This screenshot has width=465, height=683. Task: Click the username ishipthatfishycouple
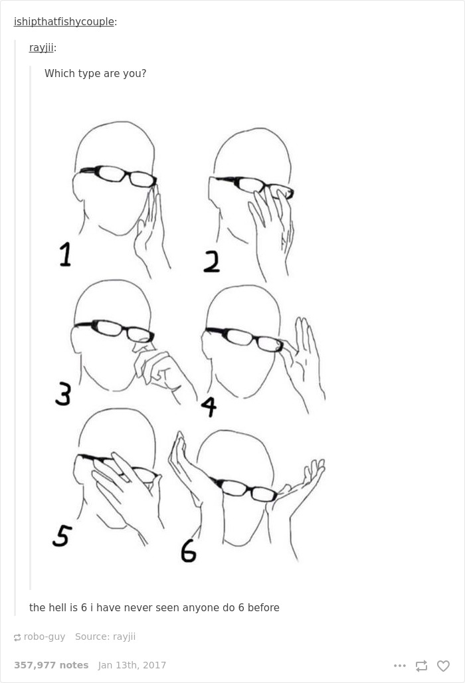pyautogui.click(x=64, y=22)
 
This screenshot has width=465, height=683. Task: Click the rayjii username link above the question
pyautogui.click(x=41, y=48)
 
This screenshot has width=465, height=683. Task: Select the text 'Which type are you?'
pyautogui.click(x=95, y=74)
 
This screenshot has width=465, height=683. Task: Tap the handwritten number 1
pyautogui.click(x=64, y=254)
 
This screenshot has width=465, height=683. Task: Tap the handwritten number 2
pyautogui.click(x=211, y=262)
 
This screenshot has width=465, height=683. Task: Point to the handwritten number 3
pyautogui.click(x=63, y=394)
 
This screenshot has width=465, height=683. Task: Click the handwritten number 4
pyautogui.click(x=209, y=406)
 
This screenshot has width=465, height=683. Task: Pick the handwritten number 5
pyautogui.click(x=61, y=535)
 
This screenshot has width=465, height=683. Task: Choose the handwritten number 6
pyautogui.click(x=189, y=551)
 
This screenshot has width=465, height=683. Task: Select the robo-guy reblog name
pyautogui.click(x=45, y=636)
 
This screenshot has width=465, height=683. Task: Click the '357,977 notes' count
pyautogui.click(x=51, y=665)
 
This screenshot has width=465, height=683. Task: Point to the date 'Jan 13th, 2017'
pyautogui.click(x=132, y=665)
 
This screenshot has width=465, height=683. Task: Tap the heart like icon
pyautogui.click(x=443, y=665)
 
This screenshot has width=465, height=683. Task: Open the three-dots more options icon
pyautogui.click(x=399, y=665)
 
